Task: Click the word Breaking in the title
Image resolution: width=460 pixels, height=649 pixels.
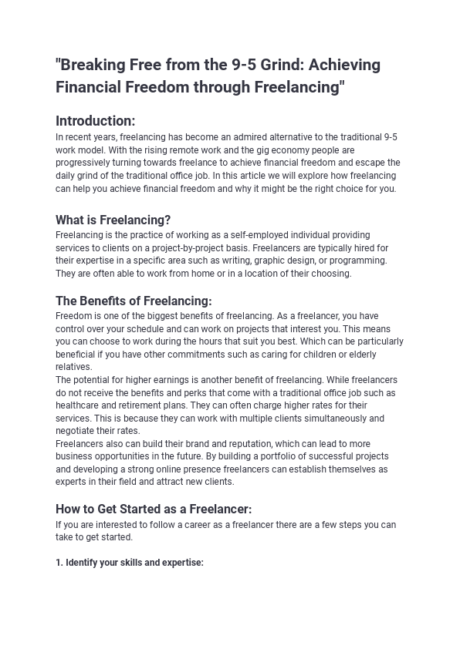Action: [x=90, y=65]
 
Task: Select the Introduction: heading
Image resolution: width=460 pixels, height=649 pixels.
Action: [x=95, y=121]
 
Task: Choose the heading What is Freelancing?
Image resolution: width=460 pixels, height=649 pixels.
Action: [x=113, y=220]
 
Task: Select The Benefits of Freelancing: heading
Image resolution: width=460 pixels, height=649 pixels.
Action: [x=134, y=301]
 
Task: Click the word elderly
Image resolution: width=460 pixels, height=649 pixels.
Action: [x=357, y=355]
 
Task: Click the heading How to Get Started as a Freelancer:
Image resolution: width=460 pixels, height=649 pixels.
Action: [x=154, y=509]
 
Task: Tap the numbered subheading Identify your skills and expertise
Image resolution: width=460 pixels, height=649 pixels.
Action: [x=129, y=563]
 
